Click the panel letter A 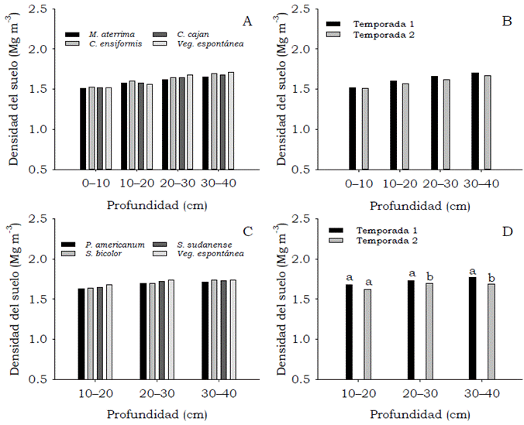[247, 21]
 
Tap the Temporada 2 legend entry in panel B [375, 35]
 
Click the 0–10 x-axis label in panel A [97, 183]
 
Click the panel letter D [506, 231]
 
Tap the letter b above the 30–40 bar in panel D [491, 276]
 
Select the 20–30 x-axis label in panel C [153, 394]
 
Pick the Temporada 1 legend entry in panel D [371, 231]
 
